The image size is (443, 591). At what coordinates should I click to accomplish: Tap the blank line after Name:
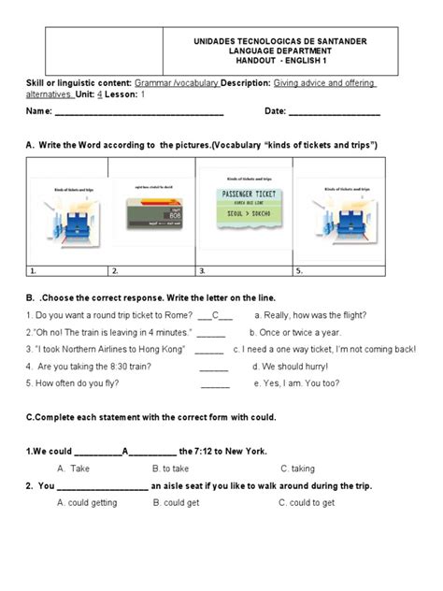139,114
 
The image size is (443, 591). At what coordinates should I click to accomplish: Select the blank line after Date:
335,114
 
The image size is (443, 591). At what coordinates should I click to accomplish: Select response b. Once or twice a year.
295,332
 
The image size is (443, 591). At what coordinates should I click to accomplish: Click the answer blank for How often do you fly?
215,385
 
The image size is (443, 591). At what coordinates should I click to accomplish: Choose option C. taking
297,468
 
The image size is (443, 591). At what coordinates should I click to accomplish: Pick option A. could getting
88,502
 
